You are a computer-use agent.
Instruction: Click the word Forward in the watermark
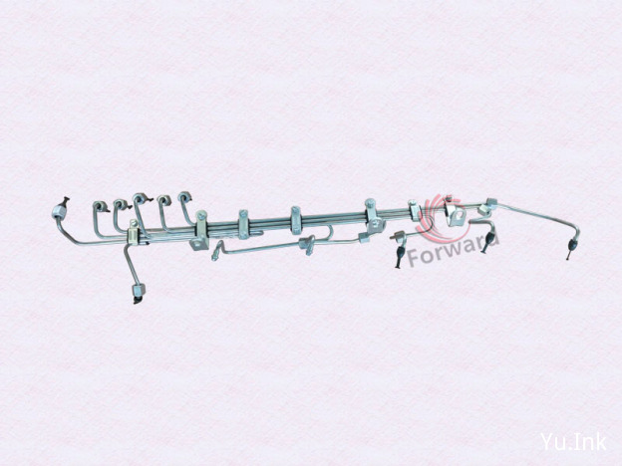(453, 249)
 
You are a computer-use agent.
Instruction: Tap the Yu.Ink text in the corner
(573, 441)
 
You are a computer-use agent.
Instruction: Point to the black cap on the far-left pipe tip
(66, 200)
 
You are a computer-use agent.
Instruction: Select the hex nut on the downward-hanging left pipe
(139, 290)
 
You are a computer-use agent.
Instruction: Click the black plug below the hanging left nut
(137, 300)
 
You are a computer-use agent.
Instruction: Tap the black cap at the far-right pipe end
(570, 249)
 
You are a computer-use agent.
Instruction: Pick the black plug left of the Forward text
(399, 256)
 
